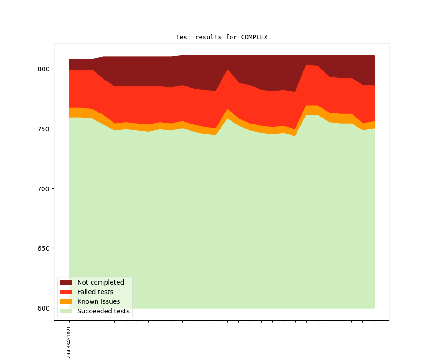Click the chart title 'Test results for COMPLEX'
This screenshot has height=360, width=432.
coord(221,37)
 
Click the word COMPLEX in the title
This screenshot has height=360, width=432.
coord(254,37)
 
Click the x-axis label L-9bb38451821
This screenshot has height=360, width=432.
coord(69,343)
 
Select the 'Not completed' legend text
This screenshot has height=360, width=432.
coord(101,282)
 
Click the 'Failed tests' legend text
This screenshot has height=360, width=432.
coord(95,292)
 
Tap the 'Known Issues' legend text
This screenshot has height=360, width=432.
coord(98,301)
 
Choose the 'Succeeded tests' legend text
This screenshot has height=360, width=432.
coord(103,311)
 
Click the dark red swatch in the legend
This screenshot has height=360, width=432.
coord(66,282)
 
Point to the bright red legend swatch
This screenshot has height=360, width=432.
coord(66,292)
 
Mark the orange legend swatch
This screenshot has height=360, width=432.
coord(66,301)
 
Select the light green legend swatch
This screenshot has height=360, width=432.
coord(66,311)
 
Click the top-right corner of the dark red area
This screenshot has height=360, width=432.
coord(374,56)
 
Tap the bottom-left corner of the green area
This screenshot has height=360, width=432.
coord(70,308)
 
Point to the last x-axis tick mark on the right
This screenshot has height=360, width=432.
coord(374,322)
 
